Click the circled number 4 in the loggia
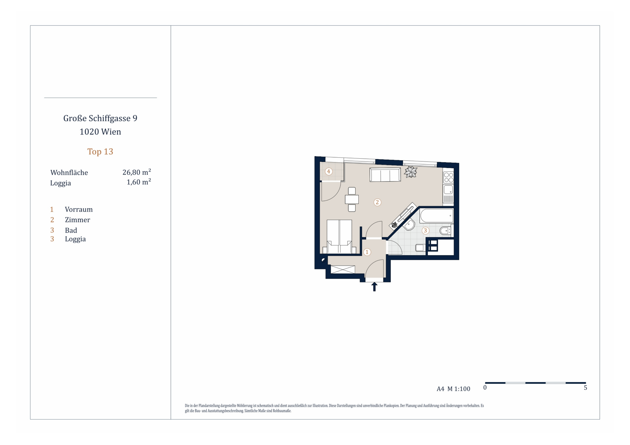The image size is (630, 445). click(x=328, y=172)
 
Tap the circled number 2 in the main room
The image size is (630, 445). click(x=377, y=202)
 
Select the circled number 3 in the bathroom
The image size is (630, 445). click(x=425, y=231)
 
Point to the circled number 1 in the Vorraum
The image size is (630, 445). click(x=367, y=252)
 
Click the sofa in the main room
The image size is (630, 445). click(x=385, y=175)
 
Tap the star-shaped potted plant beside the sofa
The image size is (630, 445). click(x=411, y=172)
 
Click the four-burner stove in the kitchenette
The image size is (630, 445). click(x=448, y=177)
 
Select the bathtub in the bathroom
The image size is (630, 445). click(x=436, y=216)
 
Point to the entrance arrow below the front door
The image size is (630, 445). click(x=374, y=287)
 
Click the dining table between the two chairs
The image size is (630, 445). click(x=352, y=199)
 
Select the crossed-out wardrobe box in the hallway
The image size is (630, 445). click(x=343, y=269)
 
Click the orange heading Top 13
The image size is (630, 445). click(x=100, y=152)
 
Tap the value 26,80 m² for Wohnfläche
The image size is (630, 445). click(x=137, y=172)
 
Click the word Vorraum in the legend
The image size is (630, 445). click(x=79, y=210)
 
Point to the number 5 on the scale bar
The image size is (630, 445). click(x=585, y=388)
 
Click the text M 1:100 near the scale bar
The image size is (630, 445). click(x=459, y=389)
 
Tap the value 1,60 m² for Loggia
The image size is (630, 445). click(x=139, y=182)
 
